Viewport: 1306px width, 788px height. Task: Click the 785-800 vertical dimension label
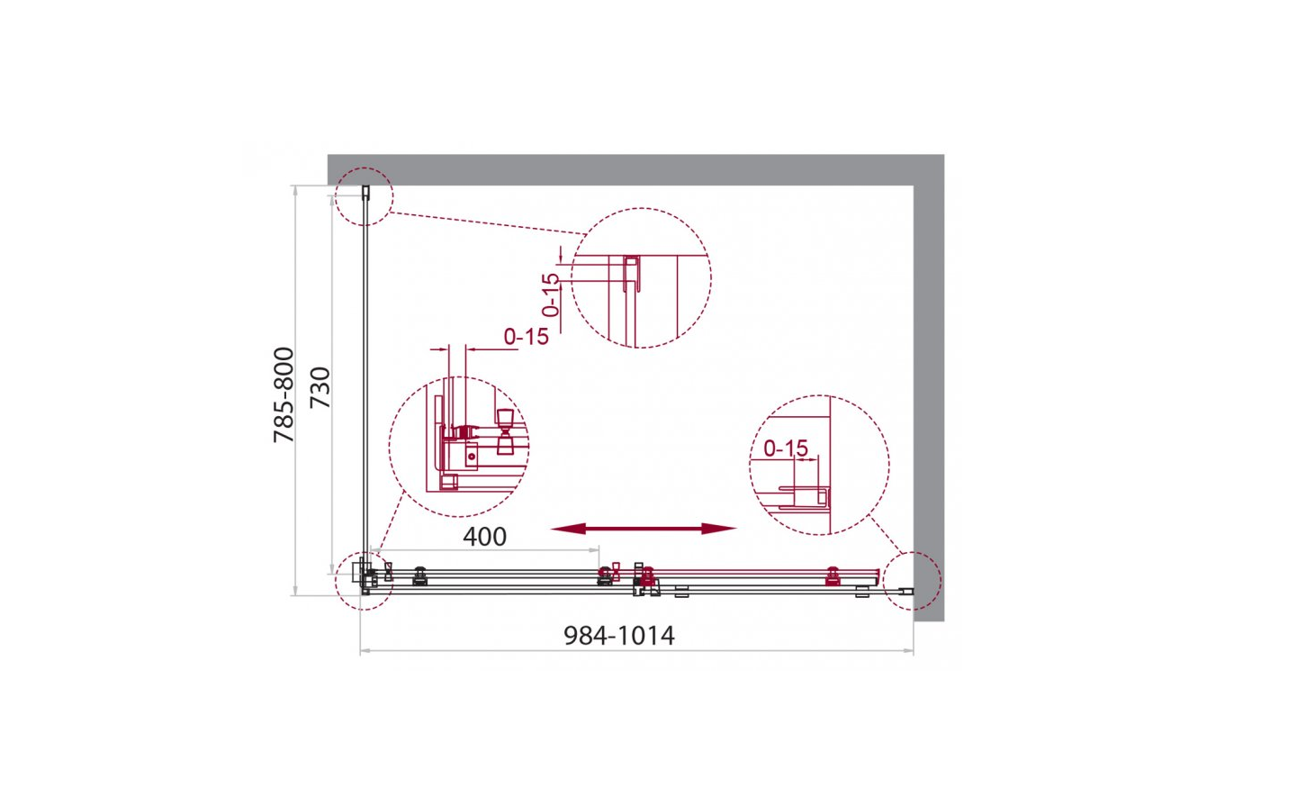tap(284, 394)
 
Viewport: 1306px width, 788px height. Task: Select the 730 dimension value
tap(320, 388)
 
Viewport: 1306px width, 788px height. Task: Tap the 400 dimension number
tap(484, 537)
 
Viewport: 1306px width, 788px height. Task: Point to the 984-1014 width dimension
tap(619, 635)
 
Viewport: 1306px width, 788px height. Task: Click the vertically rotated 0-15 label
tap(550, 295)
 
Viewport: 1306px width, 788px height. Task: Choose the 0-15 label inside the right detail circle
tap(786, 448)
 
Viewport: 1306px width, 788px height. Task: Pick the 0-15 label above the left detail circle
tap(526, 337)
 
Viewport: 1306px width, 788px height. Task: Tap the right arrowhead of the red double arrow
tap(719, 529)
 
